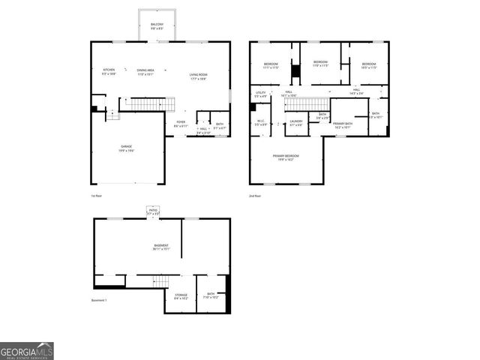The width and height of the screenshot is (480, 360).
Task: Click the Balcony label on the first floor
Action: [157, 26]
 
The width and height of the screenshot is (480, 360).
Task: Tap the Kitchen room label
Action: [109, 72]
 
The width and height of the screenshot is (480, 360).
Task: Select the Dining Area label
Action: [145, 72]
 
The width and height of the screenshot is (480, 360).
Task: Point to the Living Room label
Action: [198, 76]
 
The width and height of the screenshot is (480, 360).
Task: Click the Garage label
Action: [125, 149]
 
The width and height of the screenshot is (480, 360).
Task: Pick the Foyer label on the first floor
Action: [181, 124]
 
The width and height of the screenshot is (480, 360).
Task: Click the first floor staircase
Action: [147, 104]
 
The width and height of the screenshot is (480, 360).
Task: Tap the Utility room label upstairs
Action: [260, 94]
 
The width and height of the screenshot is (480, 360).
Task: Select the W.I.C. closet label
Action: [260, 122]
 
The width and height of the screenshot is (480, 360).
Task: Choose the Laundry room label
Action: [295, 122]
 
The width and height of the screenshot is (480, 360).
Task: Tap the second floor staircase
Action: [307, 104]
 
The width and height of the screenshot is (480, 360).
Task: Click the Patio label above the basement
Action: [152, 212]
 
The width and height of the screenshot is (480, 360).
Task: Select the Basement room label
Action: [161, 247]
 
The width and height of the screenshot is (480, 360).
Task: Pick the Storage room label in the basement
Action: [181, 296]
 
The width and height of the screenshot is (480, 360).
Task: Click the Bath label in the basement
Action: [211, 295]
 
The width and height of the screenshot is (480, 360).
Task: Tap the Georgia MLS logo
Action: [27, 351]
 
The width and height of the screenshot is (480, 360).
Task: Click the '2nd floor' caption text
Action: [256, 195]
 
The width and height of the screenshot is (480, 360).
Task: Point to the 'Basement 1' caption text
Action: [100, 300]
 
